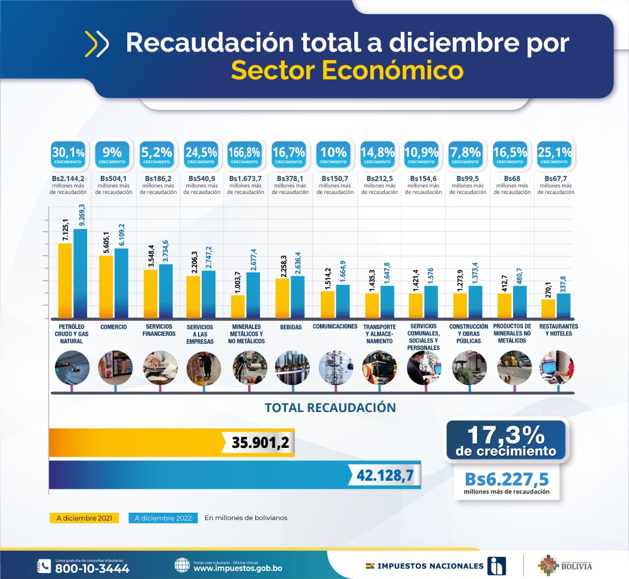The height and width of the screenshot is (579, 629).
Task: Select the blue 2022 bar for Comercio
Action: [x=121, y=283]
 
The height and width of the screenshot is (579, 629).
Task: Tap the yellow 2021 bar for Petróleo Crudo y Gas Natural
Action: [x=65, y=280]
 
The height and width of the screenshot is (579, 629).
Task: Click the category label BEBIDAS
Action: [x=291, y=327]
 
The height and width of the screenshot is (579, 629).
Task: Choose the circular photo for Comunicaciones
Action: [x=336, y=367]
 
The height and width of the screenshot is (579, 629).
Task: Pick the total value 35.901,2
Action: [x=260, y=442]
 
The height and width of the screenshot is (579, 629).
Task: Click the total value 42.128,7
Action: [x=385, y=475]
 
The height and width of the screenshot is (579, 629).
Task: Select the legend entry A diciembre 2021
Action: [x=84, y=518]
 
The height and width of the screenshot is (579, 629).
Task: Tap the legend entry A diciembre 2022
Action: [x=163, y=518]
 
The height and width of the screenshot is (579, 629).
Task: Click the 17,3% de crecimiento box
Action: [x=506, y=440]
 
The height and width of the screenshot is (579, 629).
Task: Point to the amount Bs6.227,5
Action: [x=507, y=479]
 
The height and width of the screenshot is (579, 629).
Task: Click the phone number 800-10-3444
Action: [x=92, y=569]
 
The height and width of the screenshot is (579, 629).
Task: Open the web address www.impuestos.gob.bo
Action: [x=237, y=568]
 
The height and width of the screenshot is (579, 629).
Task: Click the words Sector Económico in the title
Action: [x=347, y=70]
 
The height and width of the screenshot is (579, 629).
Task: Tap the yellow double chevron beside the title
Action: [x=97, y=44]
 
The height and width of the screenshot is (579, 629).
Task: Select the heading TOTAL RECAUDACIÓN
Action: [x=330, y=408]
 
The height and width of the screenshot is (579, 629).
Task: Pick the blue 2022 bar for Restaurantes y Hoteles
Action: [x=564, y=305]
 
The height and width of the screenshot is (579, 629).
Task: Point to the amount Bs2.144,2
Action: [x=68, y=179]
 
